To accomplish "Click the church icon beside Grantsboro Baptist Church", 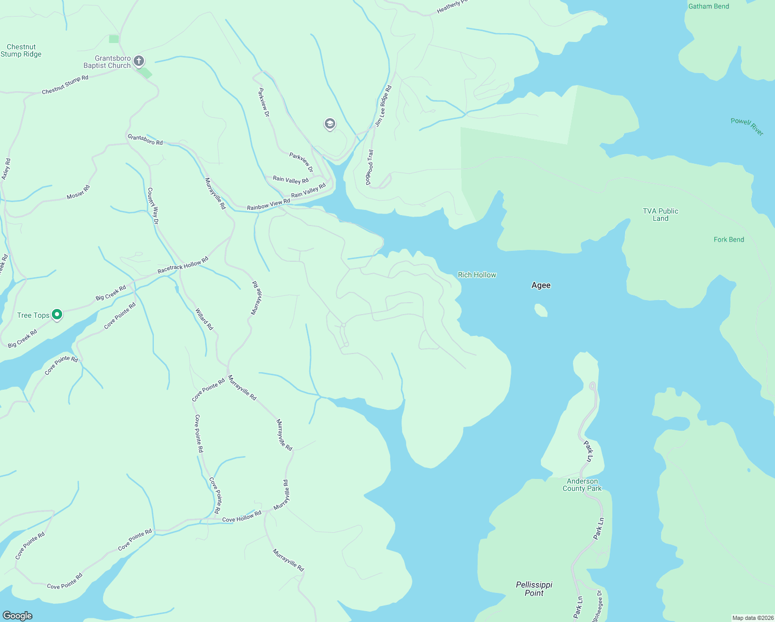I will [139, 61].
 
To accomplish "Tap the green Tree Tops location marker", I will [58, 315].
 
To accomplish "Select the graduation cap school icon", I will [329, 124].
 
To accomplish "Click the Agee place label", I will [541, 285].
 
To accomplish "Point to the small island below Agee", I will [540, 310].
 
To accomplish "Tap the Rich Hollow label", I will [477, 275].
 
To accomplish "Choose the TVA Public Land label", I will [660, 215].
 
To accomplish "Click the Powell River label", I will [747, 126].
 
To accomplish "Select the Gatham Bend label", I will [708, 6].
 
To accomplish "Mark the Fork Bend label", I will [728, 239].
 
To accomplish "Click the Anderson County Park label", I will [582, 485].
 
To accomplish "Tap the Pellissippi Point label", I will [534, 588].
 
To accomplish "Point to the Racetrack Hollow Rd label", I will [182, 265].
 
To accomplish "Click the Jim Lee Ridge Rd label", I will [383, 106].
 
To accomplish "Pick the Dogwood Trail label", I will [369, 167].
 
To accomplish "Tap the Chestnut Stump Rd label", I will [65, 85].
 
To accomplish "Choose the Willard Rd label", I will [204, 319].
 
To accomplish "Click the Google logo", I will [17, 615].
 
